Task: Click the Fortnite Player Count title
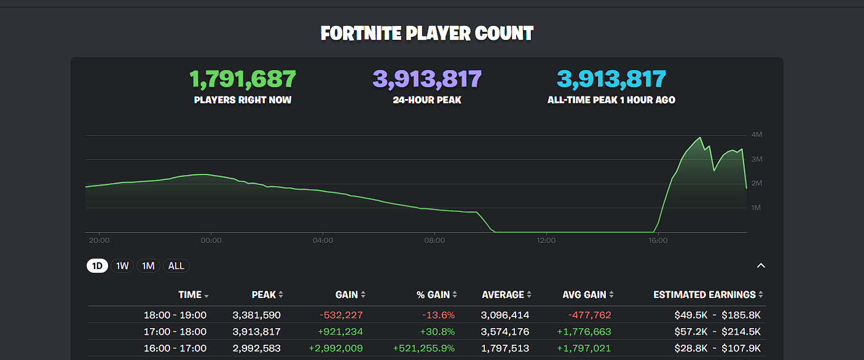tap(427, 33)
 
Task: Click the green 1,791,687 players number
tap(243, 79)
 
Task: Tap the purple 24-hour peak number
tap(427, 79)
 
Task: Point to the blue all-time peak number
tap(611, 79)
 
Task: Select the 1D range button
tap(97, 266)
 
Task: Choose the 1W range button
tap(122, 266)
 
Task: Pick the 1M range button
tap(148, 266)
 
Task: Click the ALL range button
tap(176, 266)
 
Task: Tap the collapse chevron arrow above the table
tap(761, 266)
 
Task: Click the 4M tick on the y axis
tap(756, 135)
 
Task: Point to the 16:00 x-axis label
tap(658, 240)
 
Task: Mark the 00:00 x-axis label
tap(211, 240)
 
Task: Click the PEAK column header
tap(264, 295)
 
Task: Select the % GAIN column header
tap(433, 295)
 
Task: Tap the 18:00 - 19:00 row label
tap(175, 315)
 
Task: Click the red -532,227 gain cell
tap(341, 315)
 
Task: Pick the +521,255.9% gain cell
tap(423, 348)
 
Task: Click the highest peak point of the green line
tap(700, 138)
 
